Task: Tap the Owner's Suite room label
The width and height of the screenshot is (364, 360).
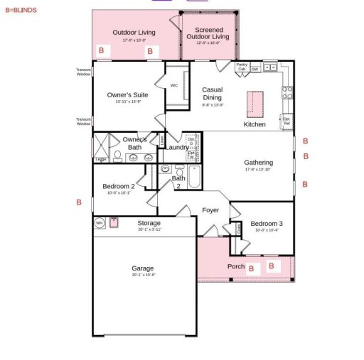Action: [x=127, y=94]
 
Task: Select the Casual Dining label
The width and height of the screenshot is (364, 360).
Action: [x=212, y=94]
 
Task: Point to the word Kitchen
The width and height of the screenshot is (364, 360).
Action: [x=255, y=124]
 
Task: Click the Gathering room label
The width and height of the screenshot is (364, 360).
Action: [x=259, y=162]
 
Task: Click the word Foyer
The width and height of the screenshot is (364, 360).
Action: [x=210, y=210]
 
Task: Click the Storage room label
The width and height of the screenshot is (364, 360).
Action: [x=149, y=223]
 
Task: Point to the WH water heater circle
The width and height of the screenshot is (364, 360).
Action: [x=100, y=223]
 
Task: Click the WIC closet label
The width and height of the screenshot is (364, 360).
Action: [x=174, y=85]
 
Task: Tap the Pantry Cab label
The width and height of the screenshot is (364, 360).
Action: [x=242, y=67]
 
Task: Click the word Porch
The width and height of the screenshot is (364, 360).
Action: [x=235, y=267]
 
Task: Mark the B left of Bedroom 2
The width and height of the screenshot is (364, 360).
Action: [x=79, y=202]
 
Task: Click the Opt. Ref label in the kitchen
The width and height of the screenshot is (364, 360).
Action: [x=287, y=121]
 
